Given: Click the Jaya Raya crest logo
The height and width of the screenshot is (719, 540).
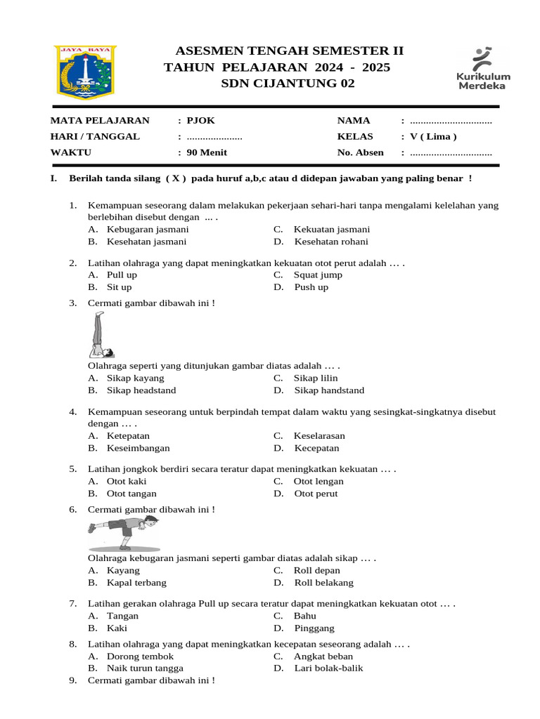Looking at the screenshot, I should tap(86, 72).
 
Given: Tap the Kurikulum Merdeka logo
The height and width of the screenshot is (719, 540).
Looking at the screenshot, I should tap(484, 69).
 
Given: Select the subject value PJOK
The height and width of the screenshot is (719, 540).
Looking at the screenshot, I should tap(200, 120).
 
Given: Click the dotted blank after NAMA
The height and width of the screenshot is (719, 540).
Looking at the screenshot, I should tap(451, 121).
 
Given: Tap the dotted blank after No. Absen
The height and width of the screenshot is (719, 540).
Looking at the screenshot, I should tap(451, 152).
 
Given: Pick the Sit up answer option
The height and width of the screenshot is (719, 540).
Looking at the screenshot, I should tap(119, 287).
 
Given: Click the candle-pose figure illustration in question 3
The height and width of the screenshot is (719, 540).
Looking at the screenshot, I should tap(103, 336).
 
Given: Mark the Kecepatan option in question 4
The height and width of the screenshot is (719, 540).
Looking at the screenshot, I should tap(316, 448).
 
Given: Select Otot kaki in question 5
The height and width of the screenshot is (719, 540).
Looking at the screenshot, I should tap(127, 482).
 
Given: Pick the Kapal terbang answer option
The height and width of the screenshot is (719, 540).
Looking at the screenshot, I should tap(136, 583).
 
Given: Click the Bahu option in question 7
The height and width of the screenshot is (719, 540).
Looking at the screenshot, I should tap(305, 616).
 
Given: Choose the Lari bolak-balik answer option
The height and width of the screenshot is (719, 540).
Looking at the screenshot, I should tap(328, 668).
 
